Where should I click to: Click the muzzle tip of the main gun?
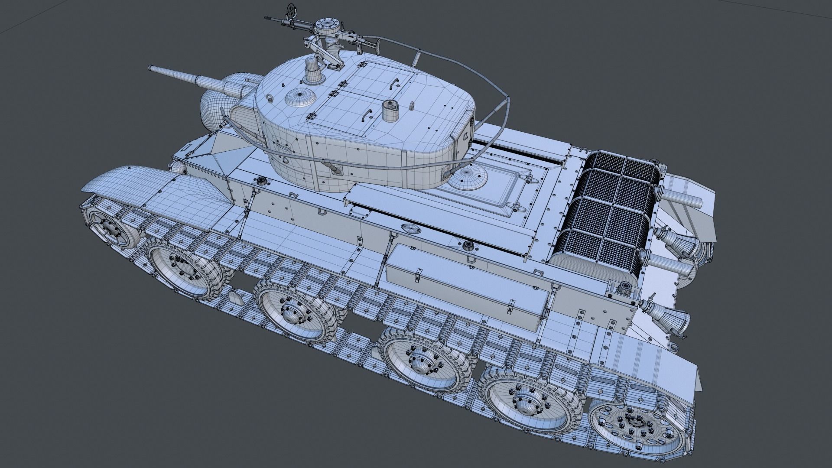pos(150,68)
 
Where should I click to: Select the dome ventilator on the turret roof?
pos(299,99)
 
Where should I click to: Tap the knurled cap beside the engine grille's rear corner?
pos(624,288)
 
